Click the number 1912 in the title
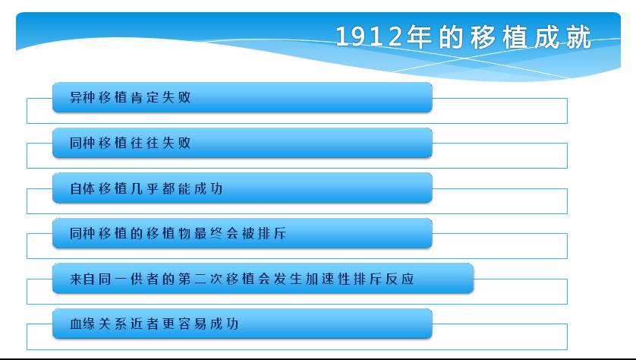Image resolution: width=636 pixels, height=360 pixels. point(369,36)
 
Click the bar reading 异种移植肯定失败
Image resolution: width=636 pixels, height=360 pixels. point(242,97)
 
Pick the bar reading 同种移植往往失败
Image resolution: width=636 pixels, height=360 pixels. point(242,143)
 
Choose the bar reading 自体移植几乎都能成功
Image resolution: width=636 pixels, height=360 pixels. point(242,188)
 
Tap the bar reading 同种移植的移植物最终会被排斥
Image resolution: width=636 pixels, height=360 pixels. point(242,233)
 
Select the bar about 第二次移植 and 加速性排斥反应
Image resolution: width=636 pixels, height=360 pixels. point(263,279)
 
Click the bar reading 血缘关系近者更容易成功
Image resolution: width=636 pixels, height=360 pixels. point(242,324)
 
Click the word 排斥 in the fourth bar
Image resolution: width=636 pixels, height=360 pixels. point(272,233)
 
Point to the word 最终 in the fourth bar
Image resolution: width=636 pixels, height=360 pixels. point(208,233)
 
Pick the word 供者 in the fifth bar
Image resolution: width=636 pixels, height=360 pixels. point(144,279)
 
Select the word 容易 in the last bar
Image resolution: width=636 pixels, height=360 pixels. point(192,324)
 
